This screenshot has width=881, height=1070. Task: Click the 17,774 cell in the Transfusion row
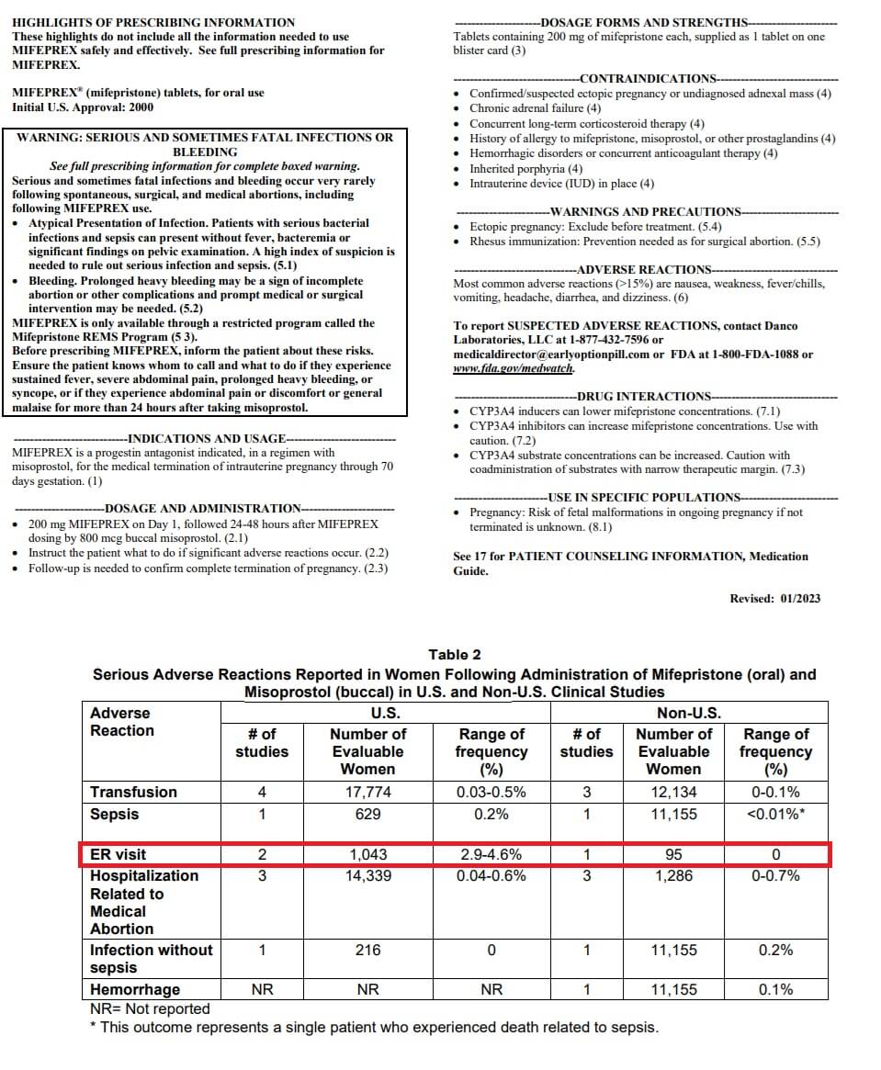click(367, 792)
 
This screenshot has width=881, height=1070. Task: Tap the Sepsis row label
click(115, 814)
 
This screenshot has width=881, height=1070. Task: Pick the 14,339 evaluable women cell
click(367, 876)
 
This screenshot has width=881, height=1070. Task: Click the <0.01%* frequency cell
click(775, 814)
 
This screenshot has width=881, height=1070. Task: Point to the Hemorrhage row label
click(135, 989)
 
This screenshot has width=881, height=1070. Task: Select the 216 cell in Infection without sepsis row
click(367, 951)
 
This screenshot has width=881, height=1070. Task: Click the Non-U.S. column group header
click(688, 714)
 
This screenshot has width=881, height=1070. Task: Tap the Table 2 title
click(454, 655)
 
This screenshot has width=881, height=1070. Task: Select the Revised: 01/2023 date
click(774, 599)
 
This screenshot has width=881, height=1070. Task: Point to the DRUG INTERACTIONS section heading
click(647, 397)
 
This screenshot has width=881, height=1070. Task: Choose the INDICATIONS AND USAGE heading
click(207, 439)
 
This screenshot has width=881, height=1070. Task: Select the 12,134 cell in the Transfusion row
click(674, 792)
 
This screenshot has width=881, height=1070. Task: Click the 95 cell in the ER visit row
click(674, 855)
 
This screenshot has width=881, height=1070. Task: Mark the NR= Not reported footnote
click(150, 1008)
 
